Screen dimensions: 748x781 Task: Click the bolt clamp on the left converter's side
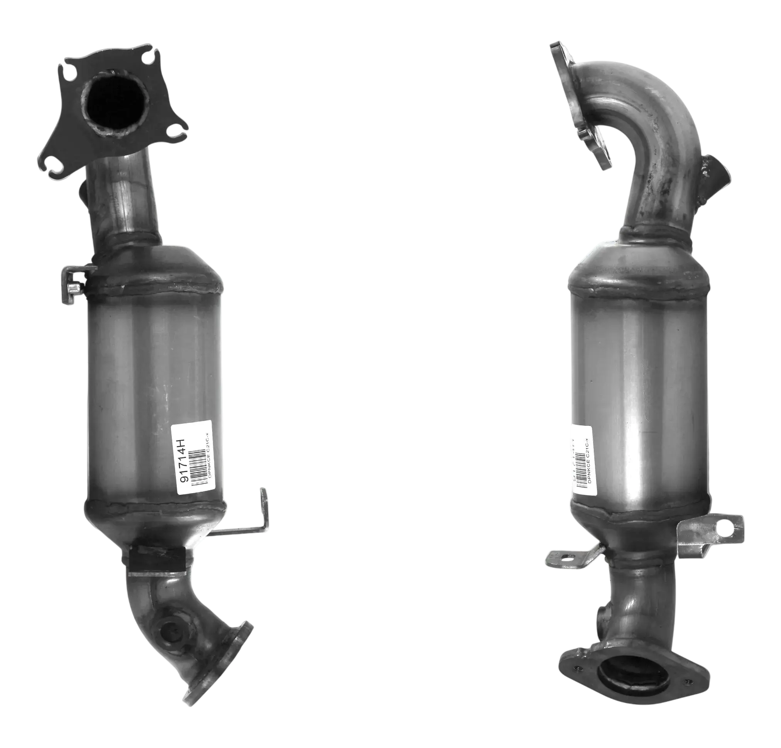[75, 283]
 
